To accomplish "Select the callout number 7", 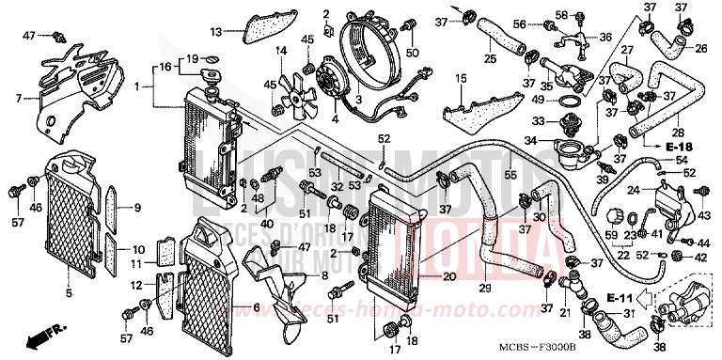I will pyautogui.click(x=18, y=98).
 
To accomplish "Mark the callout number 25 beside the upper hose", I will pyautogui.click(x=489, y=59).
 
